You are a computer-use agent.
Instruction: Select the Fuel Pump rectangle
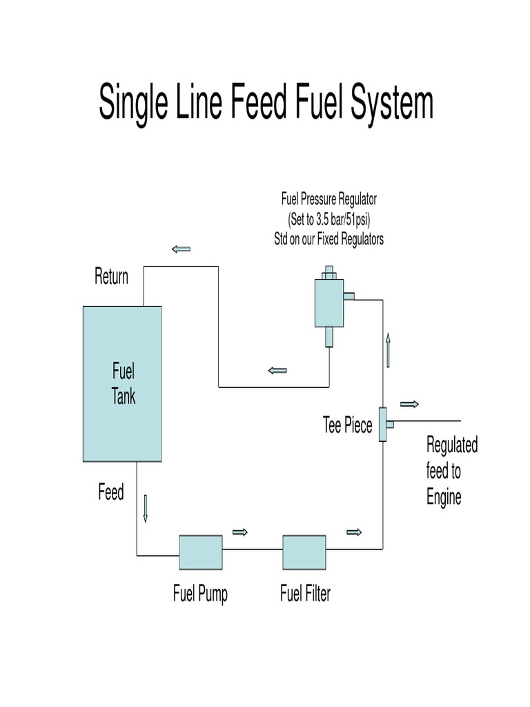(201, 552)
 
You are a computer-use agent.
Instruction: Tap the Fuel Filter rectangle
(304, 552)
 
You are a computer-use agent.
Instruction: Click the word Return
(111, 277)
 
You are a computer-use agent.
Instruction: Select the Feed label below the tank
(110, 493)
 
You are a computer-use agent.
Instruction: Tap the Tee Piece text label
(347, 425)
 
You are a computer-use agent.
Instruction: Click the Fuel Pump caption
(200, 594)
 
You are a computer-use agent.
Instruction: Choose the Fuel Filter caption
(305, 594)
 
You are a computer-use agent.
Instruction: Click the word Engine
(444, 497)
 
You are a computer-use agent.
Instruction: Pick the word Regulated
(452, 445)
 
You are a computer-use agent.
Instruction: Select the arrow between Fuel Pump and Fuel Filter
(240, 532)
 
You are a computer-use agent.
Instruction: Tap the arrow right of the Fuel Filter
(354, 532)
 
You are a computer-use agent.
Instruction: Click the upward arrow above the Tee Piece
(389, 349)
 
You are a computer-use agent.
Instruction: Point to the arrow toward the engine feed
(409, 404)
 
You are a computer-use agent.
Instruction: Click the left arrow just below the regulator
(277, 371)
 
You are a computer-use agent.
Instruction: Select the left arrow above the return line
(181, 249)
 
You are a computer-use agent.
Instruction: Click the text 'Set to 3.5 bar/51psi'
(328, 220)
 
